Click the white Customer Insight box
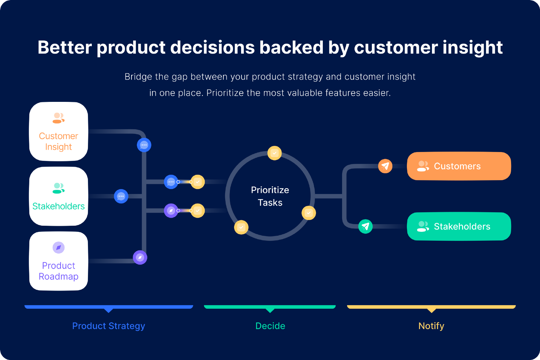(59, 132)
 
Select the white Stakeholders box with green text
(59, 196)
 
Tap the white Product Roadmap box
(59, 261)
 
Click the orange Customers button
(459, 166)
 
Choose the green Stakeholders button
(459, 226)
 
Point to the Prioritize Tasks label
(270, 196)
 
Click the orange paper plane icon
(385, 166)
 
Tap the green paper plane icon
(365, 226)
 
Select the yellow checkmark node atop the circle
(274, 153)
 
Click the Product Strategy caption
(109, 326)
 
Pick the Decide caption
(270, 326)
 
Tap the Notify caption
(431, 326)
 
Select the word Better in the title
(65, 47)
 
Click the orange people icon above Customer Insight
(59, 118)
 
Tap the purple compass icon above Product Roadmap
(59, 248)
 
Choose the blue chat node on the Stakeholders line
(121, 196)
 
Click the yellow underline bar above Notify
(431, 307)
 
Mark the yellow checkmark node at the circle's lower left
(241, 227)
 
